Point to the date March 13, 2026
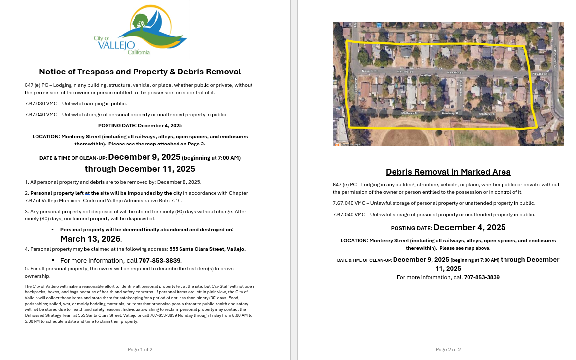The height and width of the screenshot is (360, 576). tap(90, 239)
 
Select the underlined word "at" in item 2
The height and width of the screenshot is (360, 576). tap(87, 193)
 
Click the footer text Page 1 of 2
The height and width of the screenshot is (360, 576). tap(140, 350)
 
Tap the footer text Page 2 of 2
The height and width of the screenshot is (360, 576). tap(448, 350)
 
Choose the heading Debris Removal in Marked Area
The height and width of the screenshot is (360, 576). tap(448, 172)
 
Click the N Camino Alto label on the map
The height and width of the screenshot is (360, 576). tap(554, 47)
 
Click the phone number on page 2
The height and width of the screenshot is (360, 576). tap(481, 277)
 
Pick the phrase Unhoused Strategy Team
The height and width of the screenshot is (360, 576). tap(48, 315)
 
